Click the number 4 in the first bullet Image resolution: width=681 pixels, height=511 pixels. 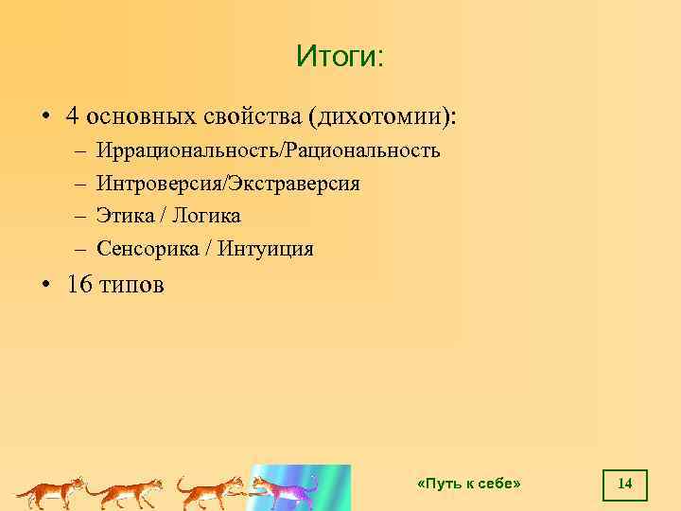72,116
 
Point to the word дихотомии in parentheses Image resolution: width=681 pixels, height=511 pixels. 378,116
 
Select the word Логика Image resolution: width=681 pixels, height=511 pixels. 206,216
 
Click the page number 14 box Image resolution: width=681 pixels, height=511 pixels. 624,485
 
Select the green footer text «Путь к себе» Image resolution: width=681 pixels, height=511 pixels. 469,485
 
